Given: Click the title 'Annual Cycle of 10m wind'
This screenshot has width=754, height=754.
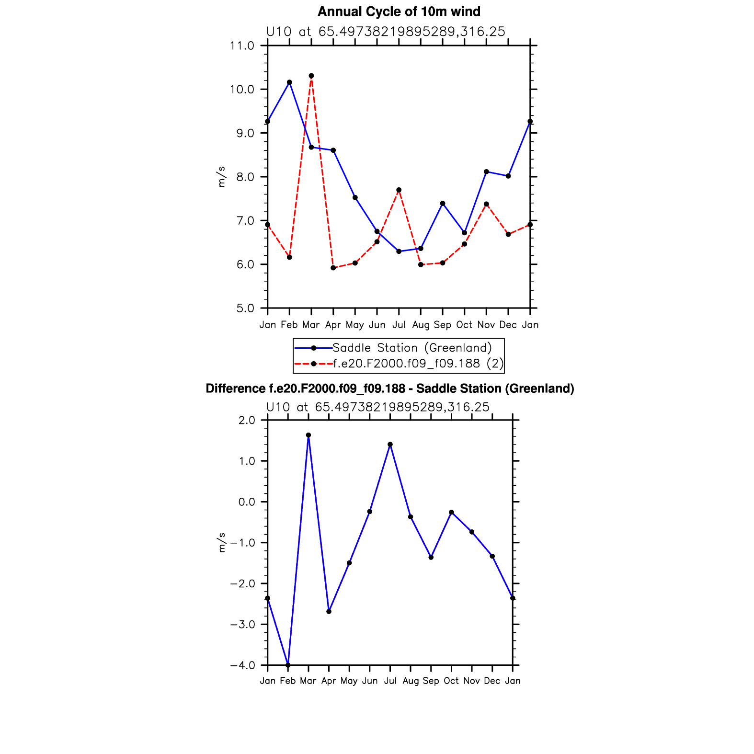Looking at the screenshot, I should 399,11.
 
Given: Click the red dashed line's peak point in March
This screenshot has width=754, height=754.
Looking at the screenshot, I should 311,76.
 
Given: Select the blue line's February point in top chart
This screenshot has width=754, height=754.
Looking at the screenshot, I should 289,82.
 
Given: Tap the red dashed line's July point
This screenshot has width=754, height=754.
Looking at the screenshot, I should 399,190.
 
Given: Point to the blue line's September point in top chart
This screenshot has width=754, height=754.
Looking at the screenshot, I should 443,204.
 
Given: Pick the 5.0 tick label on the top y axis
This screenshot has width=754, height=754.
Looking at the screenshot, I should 245,308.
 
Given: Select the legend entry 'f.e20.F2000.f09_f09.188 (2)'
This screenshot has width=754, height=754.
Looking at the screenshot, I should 418,364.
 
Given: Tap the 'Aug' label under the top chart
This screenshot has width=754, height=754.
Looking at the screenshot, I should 421,325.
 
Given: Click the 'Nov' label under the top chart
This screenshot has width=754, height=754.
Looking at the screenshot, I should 486,325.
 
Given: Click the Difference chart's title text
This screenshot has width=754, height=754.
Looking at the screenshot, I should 389,388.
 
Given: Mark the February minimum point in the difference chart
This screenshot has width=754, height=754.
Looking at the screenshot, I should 288,665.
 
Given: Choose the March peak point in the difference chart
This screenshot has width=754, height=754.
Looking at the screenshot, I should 308,435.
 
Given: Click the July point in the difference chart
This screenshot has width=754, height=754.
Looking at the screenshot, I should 390,445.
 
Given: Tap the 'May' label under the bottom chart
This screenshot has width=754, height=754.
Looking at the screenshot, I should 349,681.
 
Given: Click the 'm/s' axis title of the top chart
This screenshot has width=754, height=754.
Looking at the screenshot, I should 221,177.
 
